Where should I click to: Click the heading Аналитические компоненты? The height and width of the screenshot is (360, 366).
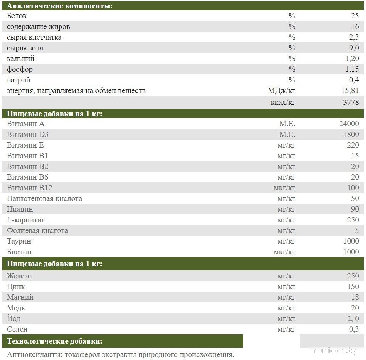tap(60, 6)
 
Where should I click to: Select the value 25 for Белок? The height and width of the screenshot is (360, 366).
tap(355, 16)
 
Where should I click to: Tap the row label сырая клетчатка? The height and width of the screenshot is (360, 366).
tap(34, 37)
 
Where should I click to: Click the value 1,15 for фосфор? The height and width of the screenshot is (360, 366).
tap(351, 69)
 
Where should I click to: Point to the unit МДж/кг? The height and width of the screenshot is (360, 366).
tap(282, 91)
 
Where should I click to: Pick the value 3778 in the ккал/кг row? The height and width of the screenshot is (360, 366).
tap(351, 102)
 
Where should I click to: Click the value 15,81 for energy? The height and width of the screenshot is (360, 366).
tap(349, 91)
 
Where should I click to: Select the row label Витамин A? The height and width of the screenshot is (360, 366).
tap(26, 124)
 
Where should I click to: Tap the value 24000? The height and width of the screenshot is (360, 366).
tap(348, 124)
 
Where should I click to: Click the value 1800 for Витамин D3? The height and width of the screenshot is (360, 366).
tap(351, 134)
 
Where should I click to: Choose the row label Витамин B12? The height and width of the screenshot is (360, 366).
tap(29, 188)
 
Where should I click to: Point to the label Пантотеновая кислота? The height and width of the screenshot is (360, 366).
tap(44, 198)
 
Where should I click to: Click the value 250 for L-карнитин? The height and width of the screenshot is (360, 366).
tap(353, 220)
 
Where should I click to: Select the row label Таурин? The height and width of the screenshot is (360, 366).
tap(19, 241)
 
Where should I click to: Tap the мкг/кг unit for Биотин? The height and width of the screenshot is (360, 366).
tap(284, 252)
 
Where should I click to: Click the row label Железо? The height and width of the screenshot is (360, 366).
tap(19, 276)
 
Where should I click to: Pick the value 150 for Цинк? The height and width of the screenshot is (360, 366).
tap(353, 286)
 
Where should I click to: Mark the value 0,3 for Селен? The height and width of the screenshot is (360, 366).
tap(354, 329)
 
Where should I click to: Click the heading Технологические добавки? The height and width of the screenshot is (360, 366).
tap(55, 341)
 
